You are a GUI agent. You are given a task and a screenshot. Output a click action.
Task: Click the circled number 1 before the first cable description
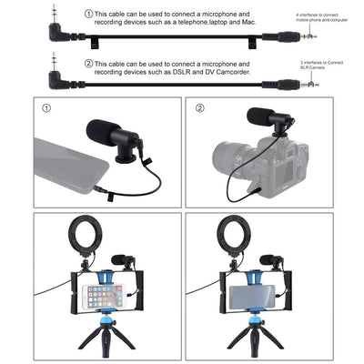[88, 15]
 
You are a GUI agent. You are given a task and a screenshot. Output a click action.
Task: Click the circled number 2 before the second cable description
[88, 65]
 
